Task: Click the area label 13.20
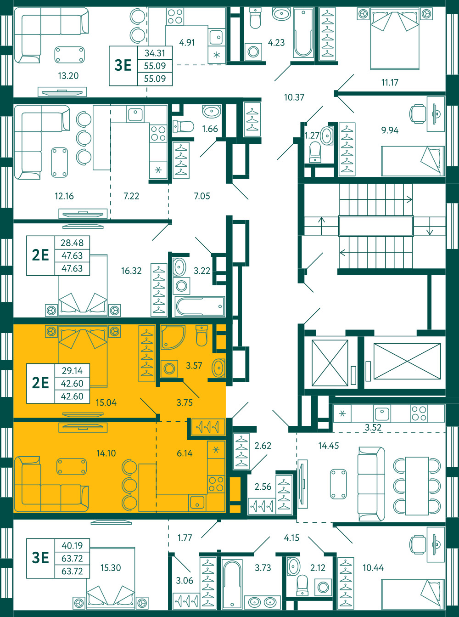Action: pyautogui.click(x=68, y=76)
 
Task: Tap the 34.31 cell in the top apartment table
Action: pyautogui.click(x=155, y=53)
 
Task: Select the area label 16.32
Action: pyautogui.click(x=131, y=271)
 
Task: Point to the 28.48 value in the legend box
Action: pyautogui.click(x=72, y=243)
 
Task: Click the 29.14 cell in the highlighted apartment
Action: pyautogui.click(x=72, y=371)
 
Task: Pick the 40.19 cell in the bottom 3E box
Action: pyautogui.click(x=72, y=545)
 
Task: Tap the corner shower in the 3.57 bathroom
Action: pyautogui.click(x=173, y=337)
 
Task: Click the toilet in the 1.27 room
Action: pyautogui.click(x=315, y=152)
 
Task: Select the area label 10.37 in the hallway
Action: pyautogui.click(x=294, y=97)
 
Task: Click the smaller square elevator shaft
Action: pyautogui.click(x=330, y=363)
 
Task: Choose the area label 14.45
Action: pyautogui.click(x=329, y=446)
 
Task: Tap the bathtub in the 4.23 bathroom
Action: pyautogui.click(x=303, y=33)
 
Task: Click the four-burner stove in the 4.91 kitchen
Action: pyautogui.click(x=175, y=17)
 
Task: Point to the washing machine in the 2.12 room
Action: pyautogui.click(x=323, y=588)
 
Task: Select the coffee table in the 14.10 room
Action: pyautogui.click(x=72, y=466)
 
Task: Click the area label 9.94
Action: pyautogui.click(x=390, y=130)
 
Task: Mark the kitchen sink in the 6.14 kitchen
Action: pyautogui.click(x=197, y=503)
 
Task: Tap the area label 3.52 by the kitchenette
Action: pyautogui.click(x=373, y=427)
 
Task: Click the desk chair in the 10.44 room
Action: pyautogui.click(x=418, y=543)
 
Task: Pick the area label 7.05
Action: pyautogui.click(x=202, y=196)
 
